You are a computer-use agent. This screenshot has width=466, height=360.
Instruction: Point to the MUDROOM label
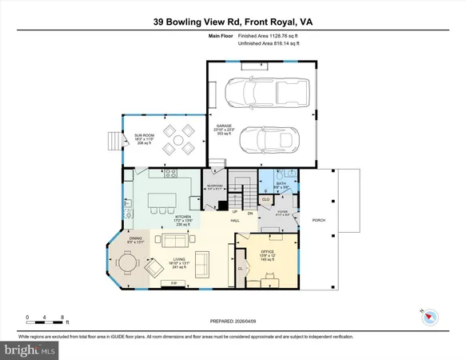coord(214,186)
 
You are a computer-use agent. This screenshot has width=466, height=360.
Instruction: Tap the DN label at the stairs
coord(250,214)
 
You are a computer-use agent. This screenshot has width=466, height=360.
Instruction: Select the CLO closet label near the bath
coord(265,200)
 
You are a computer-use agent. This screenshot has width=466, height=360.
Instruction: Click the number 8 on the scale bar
coord(62,318)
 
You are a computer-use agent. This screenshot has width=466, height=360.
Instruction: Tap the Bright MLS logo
coord(30,350)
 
